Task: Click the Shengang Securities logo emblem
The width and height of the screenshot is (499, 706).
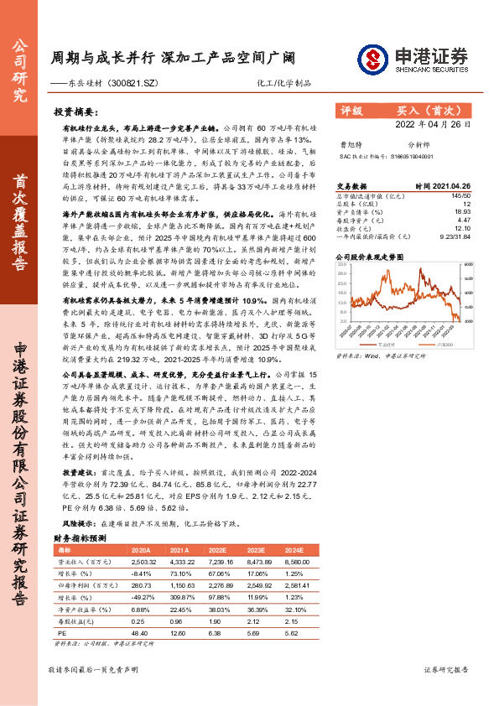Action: coord(373,58)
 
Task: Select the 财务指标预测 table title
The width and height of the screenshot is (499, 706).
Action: coord(80,537)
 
